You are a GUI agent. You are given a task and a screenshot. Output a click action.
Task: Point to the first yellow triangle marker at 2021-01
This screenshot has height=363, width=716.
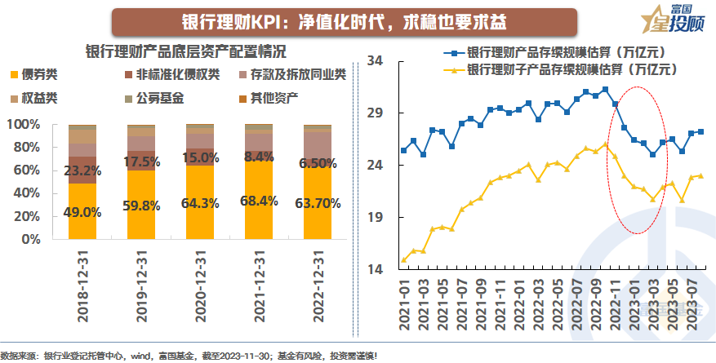tap(404, 260)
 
